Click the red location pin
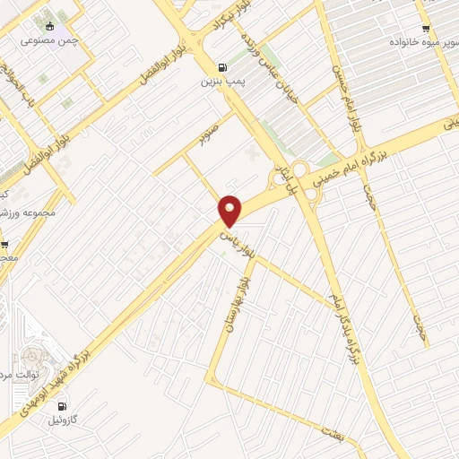(230, 210)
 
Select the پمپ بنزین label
(221, 81)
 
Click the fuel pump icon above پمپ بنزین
(221, 66)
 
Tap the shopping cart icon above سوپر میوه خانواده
(425, 28)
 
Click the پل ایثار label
(282, 175)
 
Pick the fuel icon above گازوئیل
(61, 406)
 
